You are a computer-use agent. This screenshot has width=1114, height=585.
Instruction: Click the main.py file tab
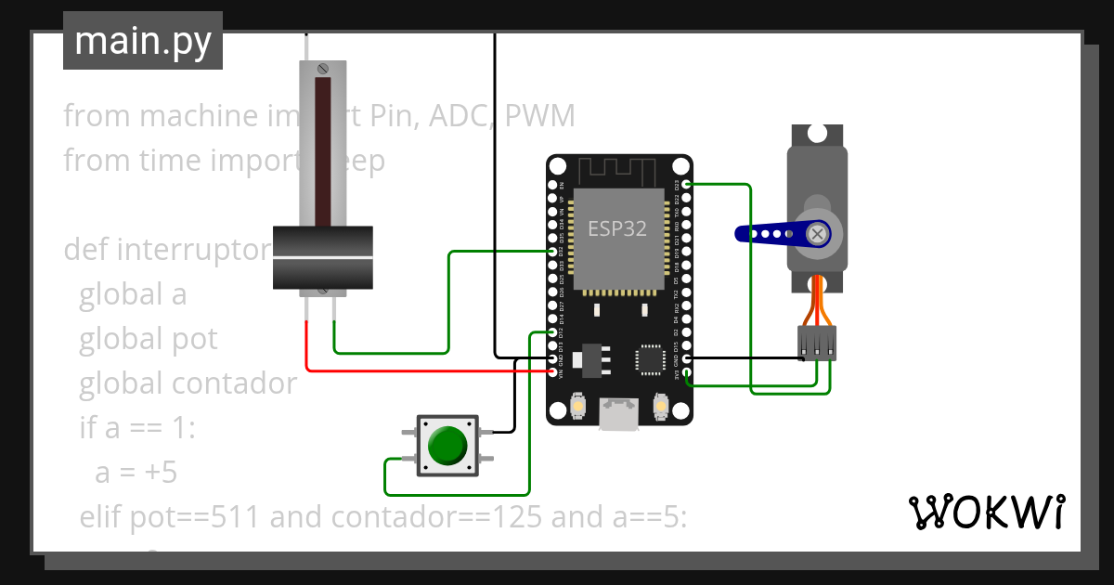coord(142,41)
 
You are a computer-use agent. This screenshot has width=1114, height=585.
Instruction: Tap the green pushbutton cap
coord(447,446)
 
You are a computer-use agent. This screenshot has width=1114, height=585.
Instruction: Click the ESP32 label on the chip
coord(617,228)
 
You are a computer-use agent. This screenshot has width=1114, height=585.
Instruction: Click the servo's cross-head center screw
coord(818,234)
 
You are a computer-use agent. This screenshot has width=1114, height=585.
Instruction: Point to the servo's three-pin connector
coord(817,343)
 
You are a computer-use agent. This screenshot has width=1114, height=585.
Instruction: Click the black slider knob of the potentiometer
coord(322,257)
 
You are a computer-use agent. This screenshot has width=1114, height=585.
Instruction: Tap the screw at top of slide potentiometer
coord(322,69)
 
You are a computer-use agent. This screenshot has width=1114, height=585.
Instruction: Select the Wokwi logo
coord(986,512)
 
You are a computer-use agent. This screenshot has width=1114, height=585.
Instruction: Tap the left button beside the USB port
coord(577,407)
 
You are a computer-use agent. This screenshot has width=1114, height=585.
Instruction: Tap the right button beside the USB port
coord(661,407)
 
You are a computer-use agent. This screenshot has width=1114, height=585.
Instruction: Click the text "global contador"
coord(188,383)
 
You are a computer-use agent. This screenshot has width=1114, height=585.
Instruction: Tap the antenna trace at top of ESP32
coord(617,171)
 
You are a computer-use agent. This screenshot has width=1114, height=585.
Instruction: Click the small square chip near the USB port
coord(650,360)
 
